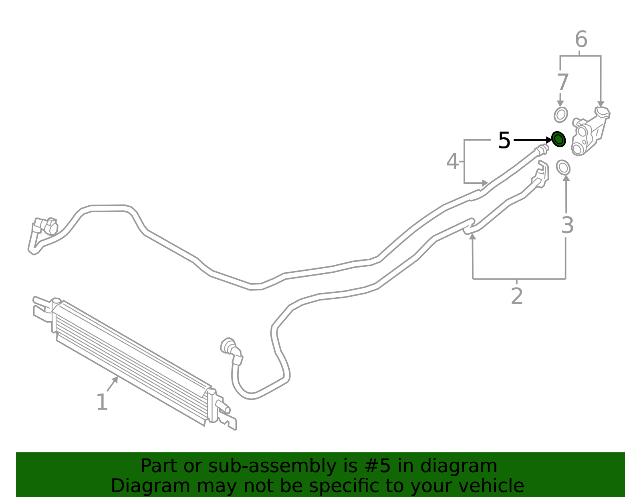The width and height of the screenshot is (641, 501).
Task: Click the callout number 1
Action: pyautogui.click(x=102, y=402)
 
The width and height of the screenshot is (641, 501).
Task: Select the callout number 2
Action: pyautogui.click(x=517, y=296)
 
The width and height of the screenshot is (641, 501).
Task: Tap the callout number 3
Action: pyautogui.click(x=567, y=225)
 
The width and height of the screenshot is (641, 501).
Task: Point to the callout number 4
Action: pyautogui.click(x=452, y=161)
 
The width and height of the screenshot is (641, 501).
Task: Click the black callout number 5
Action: pyautogui.click(x=504, y=141)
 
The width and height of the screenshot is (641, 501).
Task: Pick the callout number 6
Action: pyautogui.click(x=581, y=39)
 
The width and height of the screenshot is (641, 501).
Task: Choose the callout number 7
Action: pyautogui.click(x=562, y=82)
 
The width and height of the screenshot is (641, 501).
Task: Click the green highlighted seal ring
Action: pyautogui.click(x=558, y=139)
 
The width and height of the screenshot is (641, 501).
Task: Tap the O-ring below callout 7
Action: pyautogui.click(x=561, y=115)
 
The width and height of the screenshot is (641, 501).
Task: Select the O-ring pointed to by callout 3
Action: pyautogui.click(x=563, y=167)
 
